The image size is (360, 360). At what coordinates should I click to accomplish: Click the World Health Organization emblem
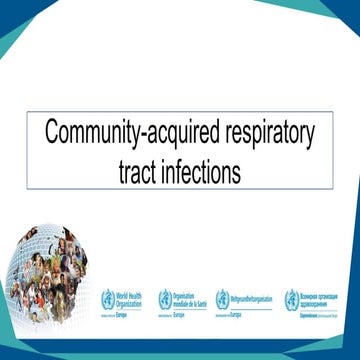tap(107, 298)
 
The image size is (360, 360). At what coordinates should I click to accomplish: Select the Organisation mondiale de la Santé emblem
tap(164, 298)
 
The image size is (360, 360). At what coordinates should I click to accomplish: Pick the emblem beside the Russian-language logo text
tap(291, 298)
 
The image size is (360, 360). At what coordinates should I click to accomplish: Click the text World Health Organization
tap(131, 296)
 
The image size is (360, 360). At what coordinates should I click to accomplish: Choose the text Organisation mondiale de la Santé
tap(189, 296)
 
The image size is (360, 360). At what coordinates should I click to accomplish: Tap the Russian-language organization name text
tap(319, 296)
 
